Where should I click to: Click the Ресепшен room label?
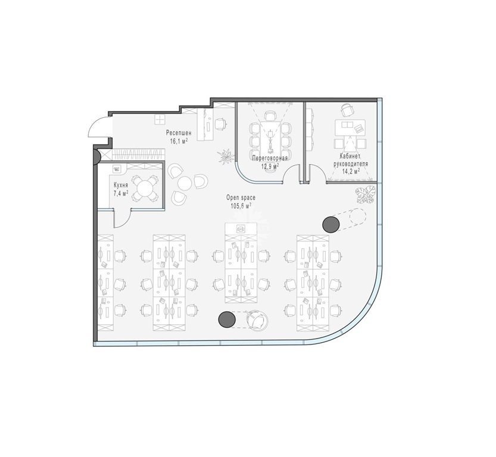[179, 133]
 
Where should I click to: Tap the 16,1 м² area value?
[179, 141]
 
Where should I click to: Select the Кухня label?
[120, 185]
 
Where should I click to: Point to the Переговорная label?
[270, 158]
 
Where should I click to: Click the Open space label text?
[241, 198]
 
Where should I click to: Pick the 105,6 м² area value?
[241, 206]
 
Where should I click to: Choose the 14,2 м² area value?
[351, 171]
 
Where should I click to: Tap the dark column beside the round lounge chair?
[227, 320]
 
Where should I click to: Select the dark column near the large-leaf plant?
[331, 224]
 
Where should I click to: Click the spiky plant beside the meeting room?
[226, 156]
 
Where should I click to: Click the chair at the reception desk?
[221, 124]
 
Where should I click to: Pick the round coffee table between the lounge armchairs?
[185, 183]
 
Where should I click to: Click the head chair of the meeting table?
[270, 115]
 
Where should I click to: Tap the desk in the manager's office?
[350, 128]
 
